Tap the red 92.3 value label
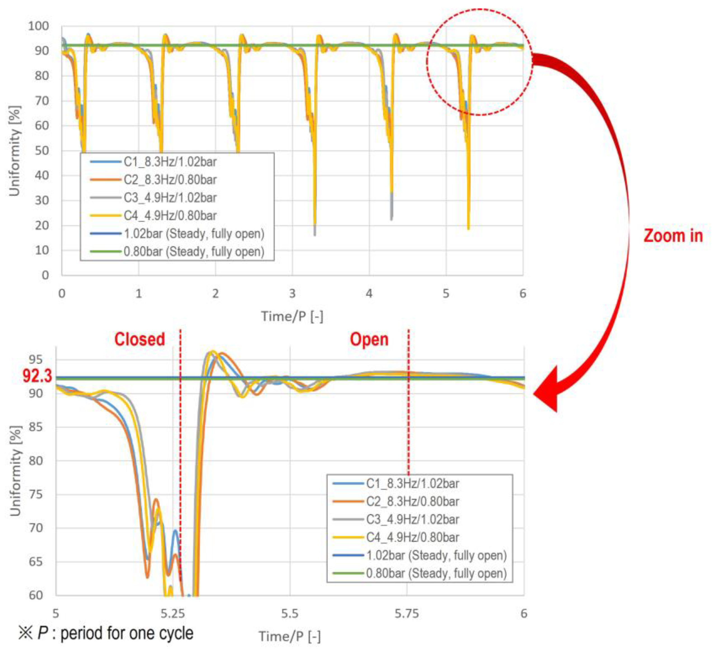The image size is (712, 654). point(37,376)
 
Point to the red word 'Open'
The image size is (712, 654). point(369,339)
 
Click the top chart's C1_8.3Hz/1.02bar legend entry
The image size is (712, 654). point(170,162)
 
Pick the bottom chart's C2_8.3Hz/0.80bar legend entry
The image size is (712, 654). point(412,502)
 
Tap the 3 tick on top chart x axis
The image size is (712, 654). point(292,293)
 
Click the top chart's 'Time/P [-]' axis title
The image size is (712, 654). point(292,316)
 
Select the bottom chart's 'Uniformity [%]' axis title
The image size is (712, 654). point(15,471)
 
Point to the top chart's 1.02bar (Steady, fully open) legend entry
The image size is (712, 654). point(194,234)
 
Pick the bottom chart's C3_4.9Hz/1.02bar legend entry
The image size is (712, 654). point(412,519)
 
